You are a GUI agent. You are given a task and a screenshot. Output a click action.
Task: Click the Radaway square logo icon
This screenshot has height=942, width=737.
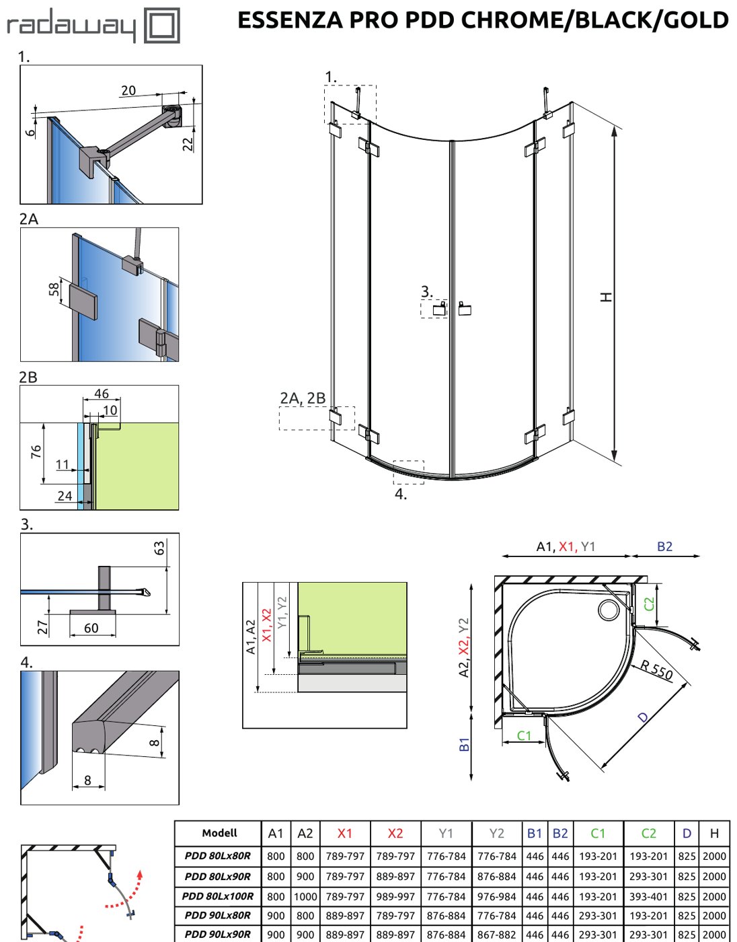(161, 25)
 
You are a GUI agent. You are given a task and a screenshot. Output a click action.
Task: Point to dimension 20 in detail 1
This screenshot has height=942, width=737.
(128, 90)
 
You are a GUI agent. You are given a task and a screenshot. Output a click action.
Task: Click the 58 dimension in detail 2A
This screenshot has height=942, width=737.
(54, 289)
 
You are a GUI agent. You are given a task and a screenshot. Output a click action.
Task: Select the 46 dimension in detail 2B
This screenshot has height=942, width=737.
(102, 393)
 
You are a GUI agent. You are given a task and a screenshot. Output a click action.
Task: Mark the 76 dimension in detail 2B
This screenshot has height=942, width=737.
(36, 451)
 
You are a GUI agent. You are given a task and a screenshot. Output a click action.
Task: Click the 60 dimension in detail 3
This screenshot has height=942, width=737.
(91, 628)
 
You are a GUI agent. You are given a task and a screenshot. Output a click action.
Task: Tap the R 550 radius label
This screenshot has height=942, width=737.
(656, 669)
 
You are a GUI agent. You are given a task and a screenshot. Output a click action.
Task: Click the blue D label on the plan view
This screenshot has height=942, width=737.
(644, 717)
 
